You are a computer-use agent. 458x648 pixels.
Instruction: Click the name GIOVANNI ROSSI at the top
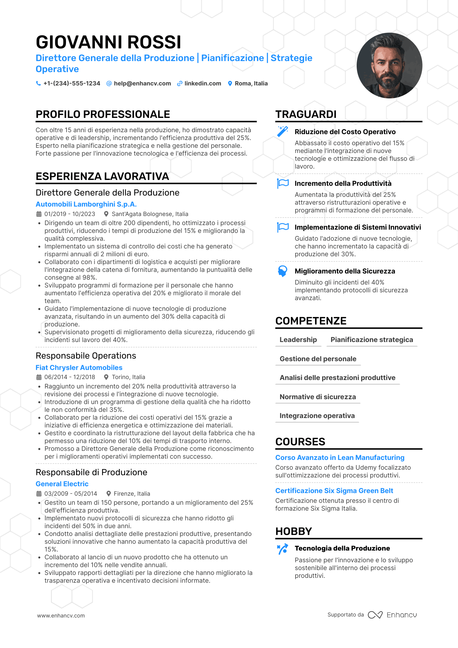[x=108, y=42]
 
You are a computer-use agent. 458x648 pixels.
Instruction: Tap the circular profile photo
[x=389, y=66]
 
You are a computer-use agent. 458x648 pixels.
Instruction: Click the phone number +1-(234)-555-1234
[x=72, y=83]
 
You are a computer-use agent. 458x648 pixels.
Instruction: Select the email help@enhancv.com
[x=142, y=83]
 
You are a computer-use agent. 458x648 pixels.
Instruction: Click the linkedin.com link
[x=203, y=83]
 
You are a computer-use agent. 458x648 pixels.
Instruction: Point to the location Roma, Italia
[x=251, y=83]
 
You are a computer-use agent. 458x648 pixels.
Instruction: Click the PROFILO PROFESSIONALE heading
[x=103, y=114]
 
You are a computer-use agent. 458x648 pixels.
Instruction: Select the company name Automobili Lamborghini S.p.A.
[x=86, y=204]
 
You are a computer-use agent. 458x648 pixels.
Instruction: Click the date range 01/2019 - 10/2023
[x=70, y=214]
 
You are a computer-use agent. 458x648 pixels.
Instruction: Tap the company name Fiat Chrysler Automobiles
[x=79, y=368]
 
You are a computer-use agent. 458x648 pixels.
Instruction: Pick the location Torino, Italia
[x=128, y=377]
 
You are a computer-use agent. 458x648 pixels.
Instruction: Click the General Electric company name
[x=62, y=484]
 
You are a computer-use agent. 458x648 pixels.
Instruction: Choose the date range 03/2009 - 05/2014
[x=70, y=494]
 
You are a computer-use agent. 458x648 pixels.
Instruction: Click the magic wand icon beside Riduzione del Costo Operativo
[x=283, y=131]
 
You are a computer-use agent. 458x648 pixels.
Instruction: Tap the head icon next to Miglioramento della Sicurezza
[x=283, y=271]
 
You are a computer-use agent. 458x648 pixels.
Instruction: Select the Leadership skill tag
[x=298, y=340]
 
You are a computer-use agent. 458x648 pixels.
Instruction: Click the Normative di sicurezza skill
[x=318, y=397]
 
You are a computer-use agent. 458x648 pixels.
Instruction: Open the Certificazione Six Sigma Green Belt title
[x=334, y=491]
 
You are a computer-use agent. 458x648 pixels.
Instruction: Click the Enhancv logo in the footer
[x=392, y=615]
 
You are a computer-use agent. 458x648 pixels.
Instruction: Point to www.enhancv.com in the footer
[x=61, y=616]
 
